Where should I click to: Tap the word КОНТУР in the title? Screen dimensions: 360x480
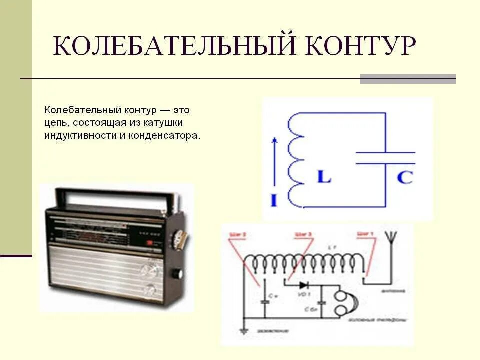click(x=359, y=46)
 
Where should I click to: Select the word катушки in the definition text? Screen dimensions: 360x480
click(x=165, y=122)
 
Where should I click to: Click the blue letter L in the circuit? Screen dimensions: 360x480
click(x=324, y=177)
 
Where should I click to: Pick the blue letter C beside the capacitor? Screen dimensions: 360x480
click(x=404, y=177)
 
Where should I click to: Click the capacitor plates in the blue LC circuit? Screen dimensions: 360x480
click(x=385, y=158)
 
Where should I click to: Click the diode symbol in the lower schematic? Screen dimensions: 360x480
click(x=303, y=285)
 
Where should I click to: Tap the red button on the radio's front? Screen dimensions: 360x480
click(x=149, y=243)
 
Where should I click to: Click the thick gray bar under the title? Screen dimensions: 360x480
click(x=407, y=79)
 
